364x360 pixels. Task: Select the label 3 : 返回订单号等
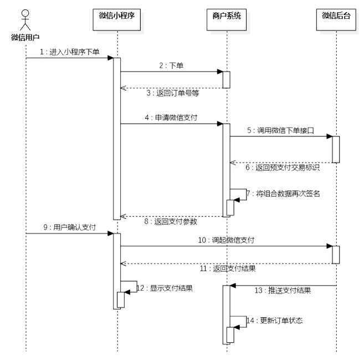click(172, 94)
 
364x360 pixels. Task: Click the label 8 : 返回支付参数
click(172, 222)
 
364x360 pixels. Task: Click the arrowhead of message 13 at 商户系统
click(232, 286)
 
